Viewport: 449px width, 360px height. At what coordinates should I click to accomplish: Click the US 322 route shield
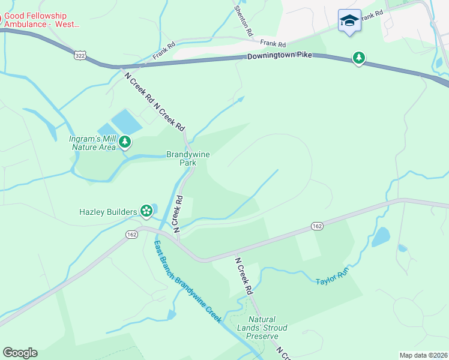pos(79,55)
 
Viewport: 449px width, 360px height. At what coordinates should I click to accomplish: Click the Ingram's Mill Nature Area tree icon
pos(125,142)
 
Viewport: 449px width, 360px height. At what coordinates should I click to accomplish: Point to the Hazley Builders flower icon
pos(146,211)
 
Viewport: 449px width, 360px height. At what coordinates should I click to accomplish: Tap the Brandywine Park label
pos(188,158)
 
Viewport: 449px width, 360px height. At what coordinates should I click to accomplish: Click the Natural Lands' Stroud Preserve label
pos(267,328)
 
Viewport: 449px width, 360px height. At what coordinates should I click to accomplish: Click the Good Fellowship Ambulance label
pos(39,20)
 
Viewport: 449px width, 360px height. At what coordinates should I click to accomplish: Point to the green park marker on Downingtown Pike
pos(359,58)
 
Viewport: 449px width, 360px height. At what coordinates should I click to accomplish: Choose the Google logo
pos(20,353)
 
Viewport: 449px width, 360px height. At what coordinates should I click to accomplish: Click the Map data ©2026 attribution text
pos(423,355)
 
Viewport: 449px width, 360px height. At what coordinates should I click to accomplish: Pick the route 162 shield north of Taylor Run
pos(318,226)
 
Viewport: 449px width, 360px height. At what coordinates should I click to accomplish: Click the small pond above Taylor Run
pos(381,238)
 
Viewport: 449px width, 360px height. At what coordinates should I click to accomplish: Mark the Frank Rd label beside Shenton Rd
pos(273,44)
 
